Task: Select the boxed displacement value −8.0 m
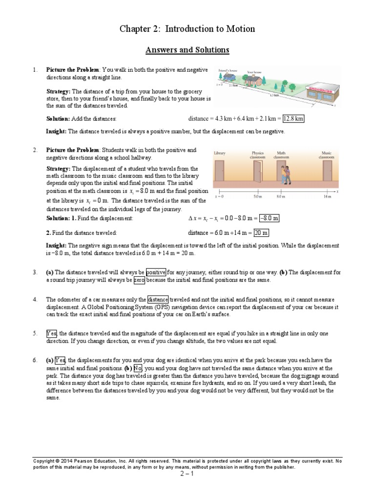tap(269, 218)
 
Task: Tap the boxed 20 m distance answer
tap(261, 233)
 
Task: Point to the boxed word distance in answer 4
tap(158, 299)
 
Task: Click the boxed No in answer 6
tap(138, 368)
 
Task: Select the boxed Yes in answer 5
tap(52, 333)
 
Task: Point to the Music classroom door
tap(327, 172)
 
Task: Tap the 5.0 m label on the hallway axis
tap(257, 197)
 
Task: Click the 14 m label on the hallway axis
tap(327, 197)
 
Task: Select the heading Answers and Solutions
tap(187, 50)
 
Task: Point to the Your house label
tap(254, 72)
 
